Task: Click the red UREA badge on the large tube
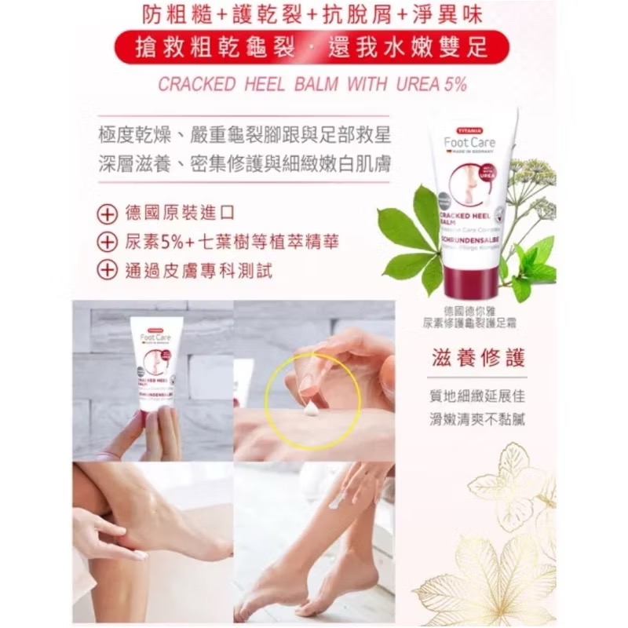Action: [489, 171]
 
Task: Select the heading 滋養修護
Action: [472, 356]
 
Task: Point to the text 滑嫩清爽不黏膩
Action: [472, 418]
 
